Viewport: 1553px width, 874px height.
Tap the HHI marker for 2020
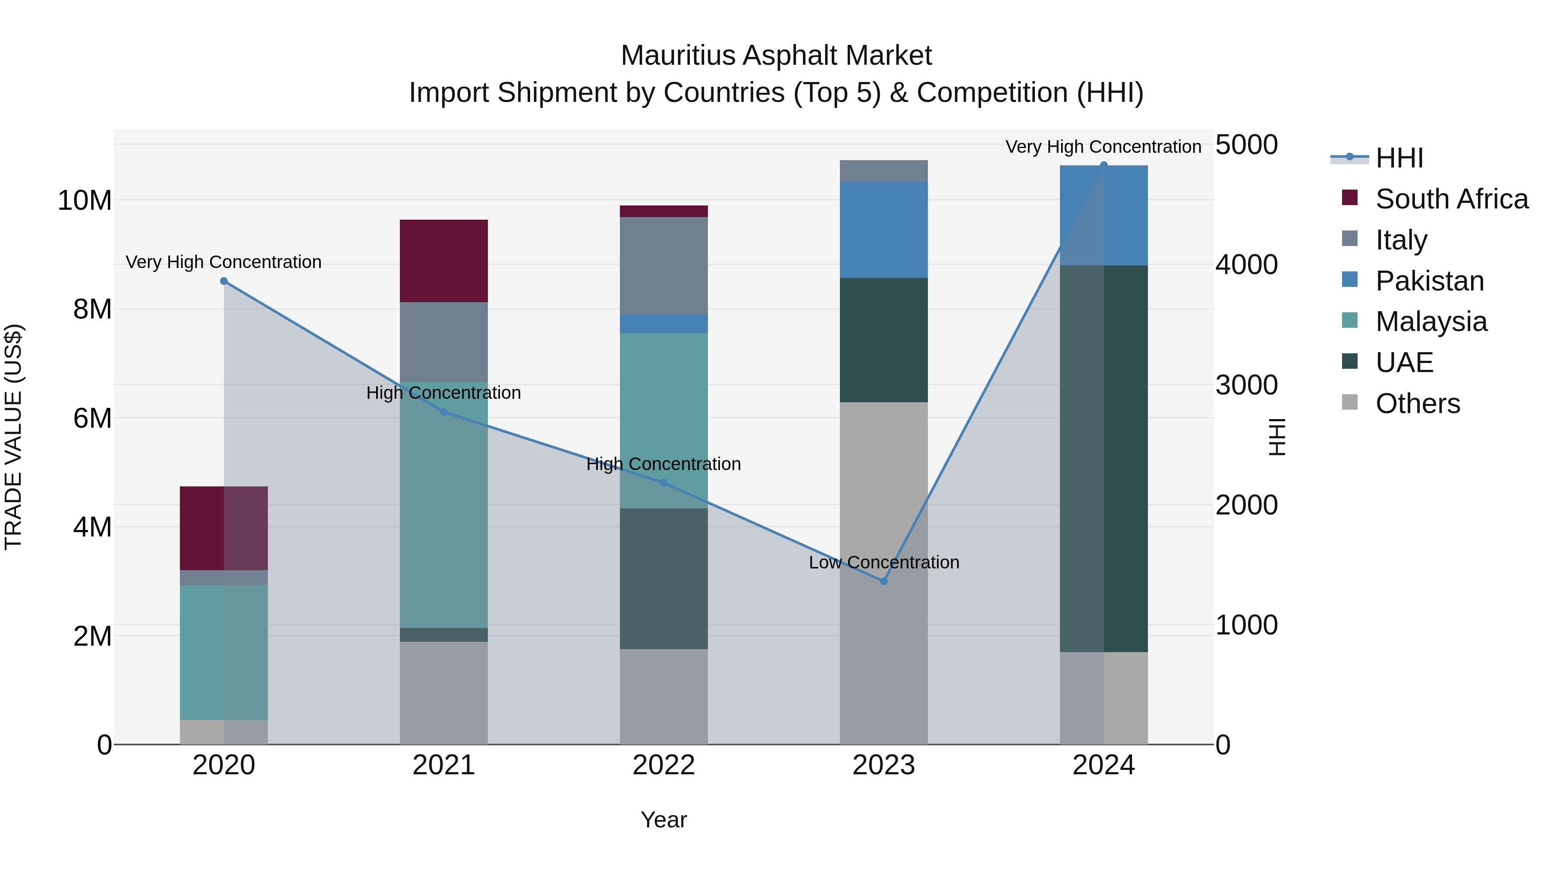[x=223, y=281]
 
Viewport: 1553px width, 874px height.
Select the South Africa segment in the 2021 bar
[x=444, y=261]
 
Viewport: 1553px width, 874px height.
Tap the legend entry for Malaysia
[x=1430, y=322]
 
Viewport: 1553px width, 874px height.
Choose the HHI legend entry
[x=1399, y=158]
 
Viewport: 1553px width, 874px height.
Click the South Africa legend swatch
[x=1350, y=198]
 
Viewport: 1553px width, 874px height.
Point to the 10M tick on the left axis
[x=85, y=200]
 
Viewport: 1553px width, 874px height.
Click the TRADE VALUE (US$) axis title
[x=13, y=437]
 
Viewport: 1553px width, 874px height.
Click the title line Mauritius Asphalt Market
[x=776, y=56]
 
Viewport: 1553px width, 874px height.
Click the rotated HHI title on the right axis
[x=1277, y=437]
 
